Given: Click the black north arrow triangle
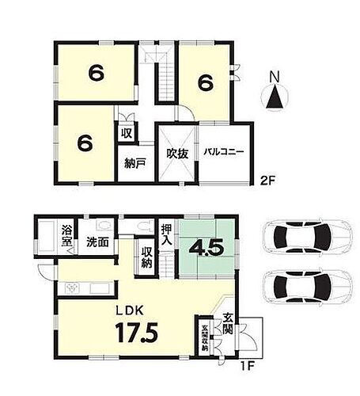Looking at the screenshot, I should coord(275,99).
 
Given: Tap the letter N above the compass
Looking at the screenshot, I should coord(275,78).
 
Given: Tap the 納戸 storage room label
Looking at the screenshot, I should coord(135,165).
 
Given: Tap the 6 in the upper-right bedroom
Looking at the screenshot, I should coord(206,82).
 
